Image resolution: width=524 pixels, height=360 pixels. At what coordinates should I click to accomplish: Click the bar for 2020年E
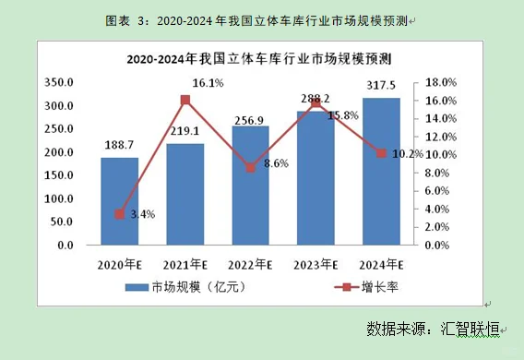pyautogui.click(x=119, y=201)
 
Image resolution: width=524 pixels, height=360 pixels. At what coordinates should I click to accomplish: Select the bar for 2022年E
pyautogui.click(x=250, y=186)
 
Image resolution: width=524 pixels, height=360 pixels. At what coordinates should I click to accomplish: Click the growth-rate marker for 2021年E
pyautogui.click(x=185, y=100)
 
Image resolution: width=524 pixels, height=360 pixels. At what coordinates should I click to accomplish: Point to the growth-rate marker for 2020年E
pyautogui.click(x=119, y=214)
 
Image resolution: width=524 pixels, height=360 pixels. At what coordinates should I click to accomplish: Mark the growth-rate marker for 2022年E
pyautogui.click(x=250, y=168)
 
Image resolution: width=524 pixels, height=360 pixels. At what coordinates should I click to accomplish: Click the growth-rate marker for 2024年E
pyautogui.click(x=381, y=153)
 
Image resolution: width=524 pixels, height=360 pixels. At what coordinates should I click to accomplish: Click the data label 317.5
pyautogui.click(x=380, y=86)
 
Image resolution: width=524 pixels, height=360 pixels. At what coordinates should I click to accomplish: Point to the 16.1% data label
pyautogui.click(x=208, y=83)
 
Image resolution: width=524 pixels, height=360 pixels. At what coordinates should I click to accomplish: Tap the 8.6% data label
pyautogui.click(x=275, y=163)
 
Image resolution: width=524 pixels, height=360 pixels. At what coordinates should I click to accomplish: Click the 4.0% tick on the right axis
pyautogui.click(x=440, y=210)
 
